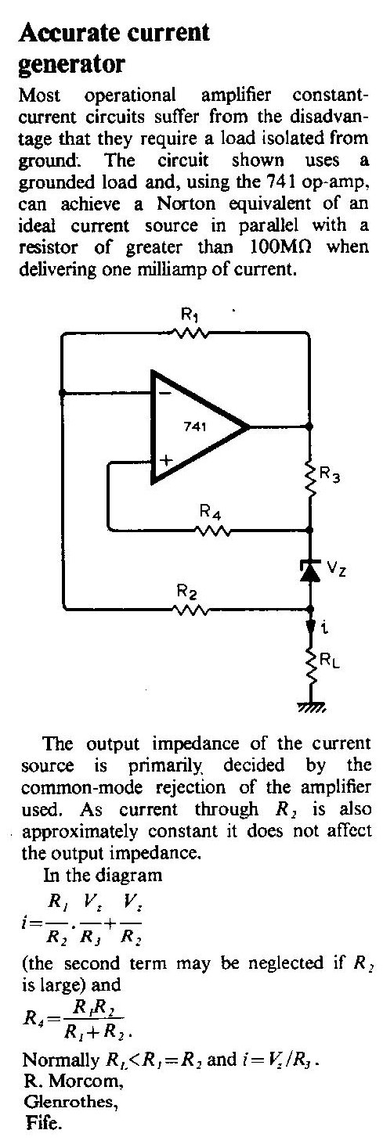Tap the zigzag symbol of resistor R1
pyautogui.click(x=190, y=333)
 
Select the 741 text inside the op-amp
pyautogui.click(x=195, y=426)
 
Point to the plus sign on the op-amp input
pyautogui.click(x=165, y=459)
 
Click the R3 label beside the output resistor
pyautogui.click(x=329, y=474)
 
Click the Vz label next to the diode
pyautogui.click(x=336, y=568)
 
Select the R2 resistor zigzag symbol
pyautogui.click(x=190, y=610)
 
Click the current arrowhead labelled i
pyautogui.click(x=310, y=626)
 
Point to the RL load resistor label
pyautogui.click(x=329, y=660)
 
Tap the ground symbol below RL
pyautogui.click(x=311, y=707)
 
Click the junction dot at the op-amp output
pyautogui.click(x=309, y=426)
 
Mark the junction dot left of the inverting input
pyautogui.click(x=62, y=393)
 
